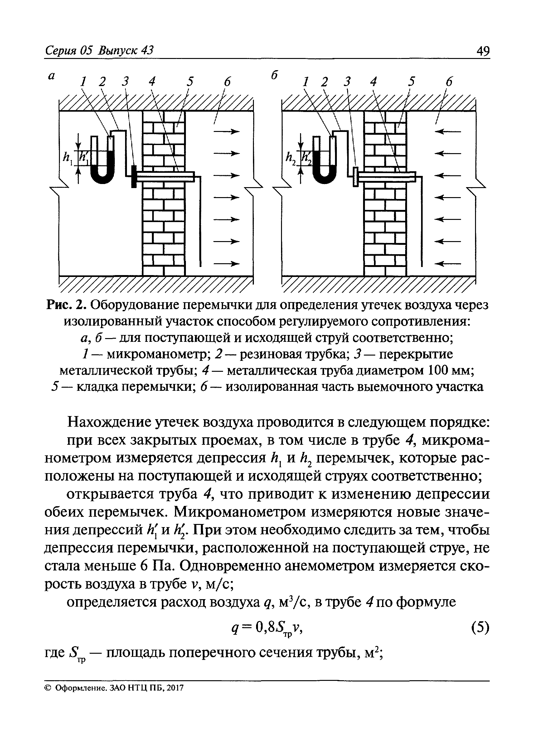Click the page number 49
[482, 51]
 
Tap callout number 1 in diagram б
[305, 82]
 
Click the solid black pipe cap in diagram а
[133, 176]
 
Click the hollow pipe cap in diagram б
[356, 177]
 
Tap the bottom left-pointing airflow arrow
[449, 264]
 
